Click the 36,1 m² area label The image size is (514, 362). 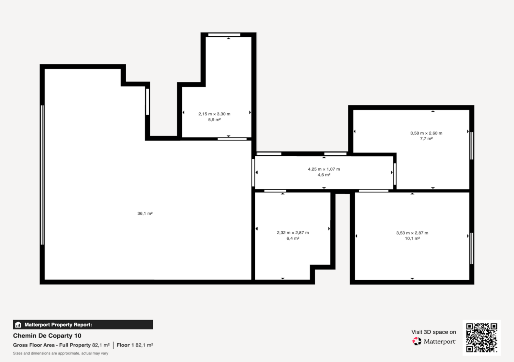click(x=145, y=214)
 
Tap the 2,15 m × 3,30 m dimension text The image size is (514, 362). click(x=214, y=114)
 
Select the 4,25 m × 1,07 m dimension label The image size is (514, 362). click(x=324, y=169)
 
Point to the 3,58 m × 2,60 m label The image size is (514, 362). click(x=426, y=133)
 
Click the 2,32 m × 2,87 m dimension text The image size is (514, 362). click(x=293, y=233)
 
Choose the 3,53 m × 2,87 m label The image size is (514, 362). click(x=412, y=233)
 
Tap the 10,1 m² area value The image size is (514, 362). click(x=412, y=238)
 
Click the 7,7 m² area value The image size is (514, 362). click(x=426, y=139)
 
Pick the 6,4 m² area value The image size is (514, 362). click(x=293, y=238)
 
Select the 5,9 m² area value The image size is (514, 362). click(x=214, y=120)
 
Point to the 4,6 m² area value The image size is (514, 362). click(x=324, y=175)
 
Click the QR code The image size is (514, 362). click(x=482, y=338)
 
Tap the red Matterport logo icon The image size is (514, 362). click(x=417, y=341)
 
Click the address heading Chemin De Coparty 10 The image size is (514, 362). click(x=47, y=336)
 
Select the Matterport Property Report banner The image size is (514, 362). click(x=83, y=325)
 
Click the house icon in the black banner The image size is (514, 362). click(x=19, y=325)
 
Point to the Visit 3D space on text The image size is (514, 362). click(x=434, y=332)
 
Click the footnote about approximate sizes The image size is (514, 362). click(x=61, y=353)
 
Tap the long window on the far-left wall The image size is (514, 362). click(x=42, y=175)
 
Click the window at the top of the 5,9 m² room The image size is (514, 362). click(x=224, y=35)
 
